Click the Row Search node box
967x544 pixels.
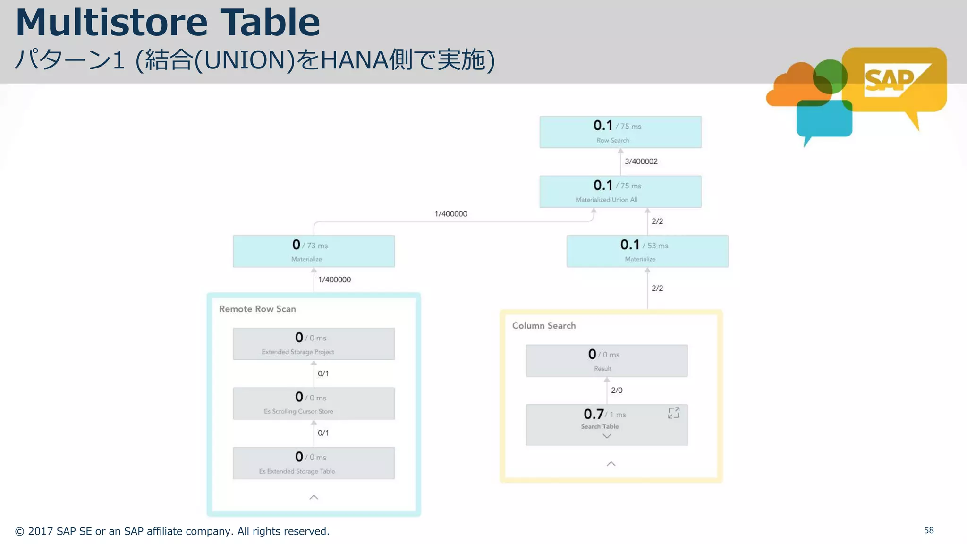(x=620, y=132)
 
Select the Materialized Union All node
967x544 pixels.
(x=620, y=191)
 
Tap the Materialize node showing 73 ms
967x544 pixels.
(x=314, y=251)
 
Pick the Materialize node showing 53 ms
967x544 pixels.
(x=647, y=251)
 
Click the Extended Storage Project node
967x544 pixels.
(x=314, y=344)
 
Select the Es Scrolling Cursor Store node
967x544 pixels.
(x=314, y=403)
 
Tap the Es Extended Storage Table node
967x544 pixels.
(x=314, y=463)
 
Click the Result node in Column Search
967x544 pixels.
(x=606, y=360)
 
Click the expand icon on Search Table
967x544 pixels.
(x=673, y=413)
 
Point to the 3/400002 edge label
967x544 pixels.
(x=641, y=161)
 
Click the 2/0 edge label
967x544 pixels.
(x=616, y=390)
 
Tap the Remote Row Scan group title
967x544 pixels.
(x=257, y=309)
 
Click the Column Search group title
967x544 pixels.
(x=543, y=325)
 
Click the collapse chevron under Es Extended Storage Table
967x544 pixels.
(x=314, y=497)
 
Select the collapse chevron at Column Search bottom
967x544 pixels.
(x=611, y=464)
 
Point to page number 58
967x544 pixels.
(x=928, y=530)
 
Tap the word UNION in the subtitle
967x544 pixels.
(x=244, y=60)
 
